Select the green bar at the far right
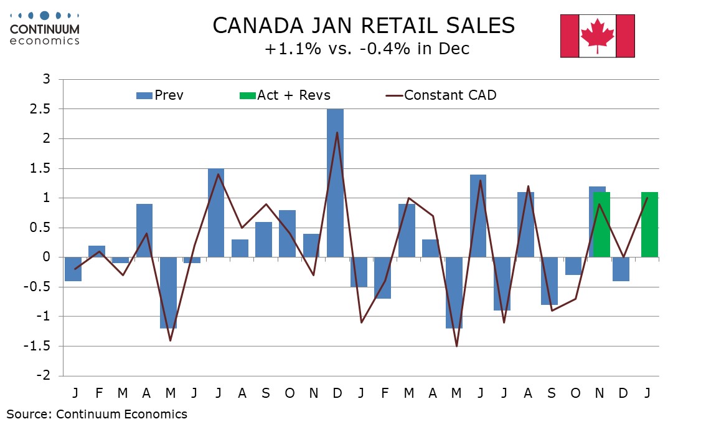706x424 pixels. [649, 224]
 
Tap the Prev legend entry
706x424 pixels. [160, 95]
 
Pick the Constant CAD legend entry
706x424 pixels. [441, 95]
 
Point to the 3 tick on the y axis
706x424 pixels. [45, 79]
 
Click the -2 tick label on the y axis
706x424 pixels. [42, 376]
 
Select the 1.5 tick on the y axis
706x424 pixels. [42, 168]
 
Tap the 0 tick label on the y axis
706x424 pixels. [45, 258]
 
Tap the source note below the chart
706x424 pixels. [96, 413]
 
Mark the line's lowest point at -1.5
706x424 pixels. [458, 346]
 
